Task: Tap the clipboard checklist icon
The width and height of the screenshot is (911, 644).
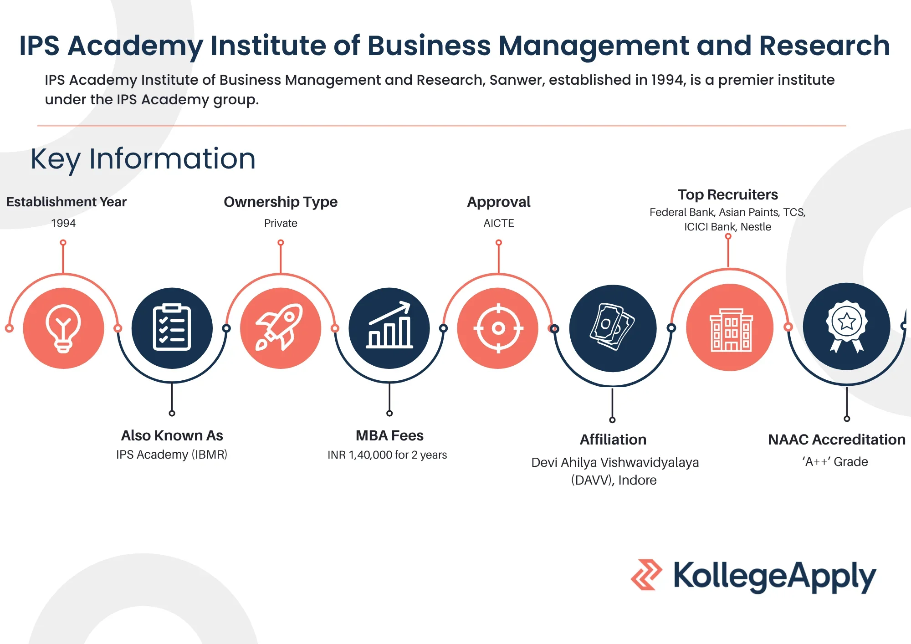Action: [x=172, y=327]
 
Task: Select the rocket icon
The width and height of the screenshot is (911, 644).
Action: [x=280, y=327]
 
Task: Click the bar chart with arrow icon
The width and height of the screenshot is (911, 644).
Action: [x=389, y=325]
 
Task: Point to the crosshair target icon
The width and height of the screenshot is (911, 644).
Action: [x=498, y=328]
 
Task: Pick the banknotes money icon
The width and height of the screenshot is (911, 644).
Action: [x=612, y=327]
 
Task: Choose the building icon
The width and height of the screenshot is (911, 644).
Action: [x=731, y=330]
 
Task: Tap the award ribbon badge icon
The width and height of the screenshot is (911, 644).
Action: [x=847, y=326]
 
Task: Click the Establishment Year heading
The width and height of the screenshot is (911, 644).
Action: [x=67, y=202]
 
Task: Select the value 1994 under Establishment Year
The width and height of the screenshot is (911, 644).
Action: [x=63, y=223]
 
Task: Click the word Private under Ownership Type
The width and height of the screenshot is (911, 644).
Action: [x=281, y=223]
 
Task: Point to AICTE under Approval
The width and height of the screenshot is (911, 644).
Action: [x=499, y=223]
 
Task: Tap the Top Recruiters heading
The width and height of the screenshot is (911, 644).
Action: [x=728, y=195]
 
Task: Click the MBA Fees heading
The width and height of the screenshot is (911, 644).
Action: [x=389, y=436]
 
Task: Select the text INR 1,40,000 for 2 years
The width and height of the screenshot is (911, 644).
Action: [x=387, y=455]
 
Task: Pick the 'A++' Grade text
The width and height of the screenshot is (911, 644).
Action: [x=835, y=462]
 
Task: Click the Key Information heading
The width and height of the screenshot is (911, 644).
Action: [x=143, y=159]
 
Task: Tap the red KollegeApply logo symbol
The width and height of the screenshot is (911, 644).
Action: [x=646, y=575]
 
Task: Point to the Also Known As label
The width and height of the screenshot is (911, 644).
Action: [x=172, y=436]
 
